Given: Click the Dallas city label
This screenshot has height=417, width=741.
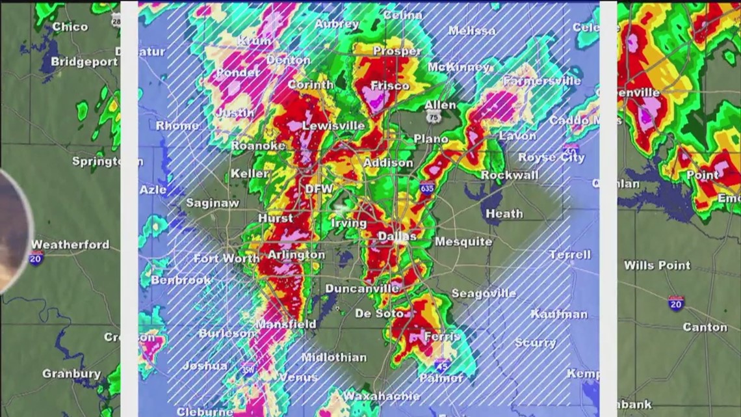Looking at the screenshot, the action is pyautogui.click(x=397, y=237).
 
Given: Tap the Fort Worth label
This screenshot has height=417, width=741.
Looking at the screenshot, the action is pyautogui.click(x=226, y=258).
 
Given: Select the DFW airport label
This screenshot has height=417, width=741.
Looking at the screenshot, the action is pyautogui.click(x=319, y=189).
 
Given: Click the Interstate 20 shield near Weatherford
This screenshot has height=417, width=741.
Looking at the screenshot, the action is pyautogui.click(x=36, y=258).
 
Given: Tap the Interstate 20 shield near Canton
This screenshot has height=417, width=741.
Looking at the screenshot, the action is pyautogui.click(x=676, y=303).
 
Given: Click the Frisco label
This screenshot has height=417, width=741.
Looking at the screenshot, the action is pyautogui.click(x=390, y=85).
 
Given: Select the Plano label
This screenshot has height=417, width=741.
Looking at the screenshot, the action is pyautogui.click(x=431, y=139).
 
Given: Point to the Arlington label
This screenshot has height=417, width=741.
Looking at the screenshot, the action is pyautogui.click(x=296, y=255).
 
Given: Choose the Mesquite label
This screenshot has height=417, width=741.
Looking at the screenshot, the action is pyautogui.click(x=463, y=242).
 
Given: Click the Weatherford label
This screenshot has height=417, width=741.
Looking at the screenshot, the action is pyautogui.click(x=70, y=245).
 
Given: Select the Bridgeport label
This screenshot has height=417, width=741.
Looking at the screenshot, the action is pyautogui.click(x=84, y=62).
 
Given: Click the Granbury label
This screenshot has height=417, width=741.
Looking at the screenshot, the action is pyautogui.click(x=71, y=373).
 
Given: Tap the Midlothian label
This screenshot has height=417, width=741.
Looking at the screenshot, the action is pyautogui.click(x=333, y=357).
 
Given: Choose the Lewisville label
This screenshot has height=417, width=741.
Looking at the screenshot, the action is pyautogui.click(x=333, y=126).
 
